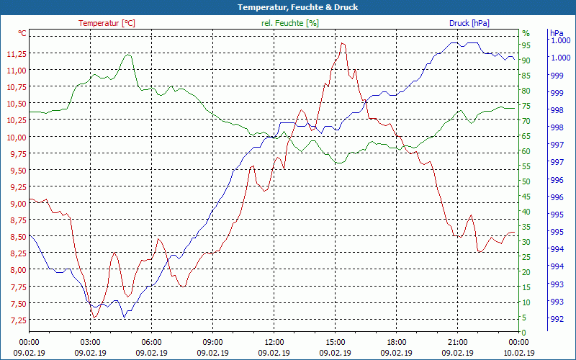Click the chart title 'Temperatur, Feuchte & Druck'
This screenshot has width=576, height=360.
288,7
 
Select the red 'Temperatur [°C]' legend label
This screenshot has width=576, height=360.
107,23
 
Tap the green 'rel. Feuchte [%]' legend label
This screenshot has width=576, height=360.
289,23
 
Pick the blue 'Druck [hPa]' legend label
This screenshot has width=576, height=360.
469,23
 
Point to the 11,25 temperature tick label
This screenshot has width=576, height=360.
16,54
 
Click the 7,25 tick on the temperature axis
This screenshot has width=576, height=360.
16,320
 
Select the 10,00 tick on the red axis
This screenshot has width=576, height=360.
16,138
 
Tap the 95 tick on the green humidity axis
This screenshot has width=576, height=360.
526,45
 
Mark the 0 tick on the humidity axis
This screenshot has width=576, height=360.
524,333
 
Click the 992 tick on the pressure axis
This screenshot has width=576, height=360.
557,319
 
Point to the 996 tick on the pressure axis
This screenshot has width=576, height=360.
557,197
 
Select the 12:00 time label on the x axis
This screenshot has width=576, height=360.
274,343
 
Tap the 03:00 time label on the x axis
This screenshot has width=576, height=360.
90,343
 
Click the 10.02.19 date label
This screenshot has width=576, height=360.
518,353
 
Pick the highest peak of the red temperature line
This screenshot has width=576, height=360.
343,43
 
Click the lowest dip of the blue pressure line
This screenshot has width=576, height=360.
124,318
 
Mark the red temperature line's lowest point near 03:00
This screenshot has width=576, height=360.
94,318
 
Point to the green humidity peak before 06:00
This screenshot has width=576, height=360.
128,54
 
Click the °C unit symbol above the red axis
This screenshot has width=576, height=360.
22,33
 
